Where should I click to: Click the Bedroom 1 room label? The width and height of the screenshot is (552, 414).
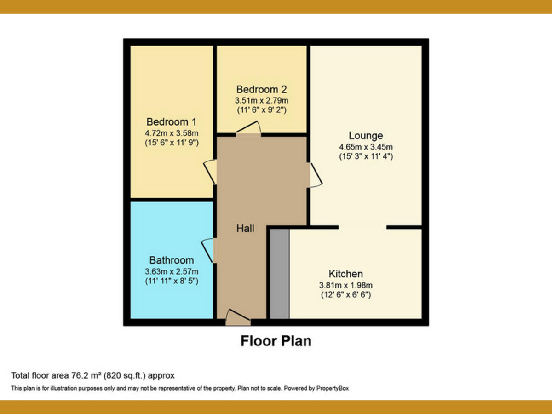click(x=171, y=122)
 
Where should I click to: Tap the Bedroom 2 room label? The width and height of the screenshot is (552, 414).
click(x=261, y=89)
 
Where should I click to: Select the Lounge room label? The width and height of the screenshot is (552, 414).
click(x=366, y=136)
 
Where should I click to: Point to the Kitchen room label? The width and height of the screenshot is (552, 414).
click(x=345, y=274)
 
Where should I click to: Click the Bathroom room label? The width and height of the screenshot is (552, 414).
click(x=171, y=260)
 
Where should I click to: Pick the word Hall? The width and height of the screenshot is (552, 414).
click(x=245, y=228)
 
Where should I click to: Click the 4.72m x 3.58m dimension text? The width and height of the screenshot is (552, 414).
click(x=171, y=133)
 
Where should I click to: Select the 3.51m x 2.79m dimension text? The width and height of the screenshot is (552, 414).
click(x=261, y=100)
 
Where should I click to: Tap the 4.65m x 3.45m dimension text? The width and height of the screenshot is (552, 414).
click(x=366, y=147)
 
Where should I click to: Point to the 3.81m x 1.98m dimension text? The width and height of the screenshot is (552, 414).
click(x=345, y=285)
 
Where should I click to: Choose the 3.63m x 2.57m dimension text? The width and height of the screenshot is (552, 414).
click(x=171, y=271)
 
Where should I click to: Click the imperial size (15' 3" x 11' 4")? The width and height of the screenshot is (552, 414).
click(x=366, y=156)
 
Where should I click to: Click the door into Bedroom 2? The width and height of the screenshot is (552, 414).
click(x=248, y=129)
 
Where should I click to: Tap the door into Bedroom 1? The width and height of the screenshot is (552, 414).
click(x=211, y=172)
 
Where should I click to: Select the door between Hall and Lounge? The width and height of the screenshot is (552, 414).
click(x=315, y=175)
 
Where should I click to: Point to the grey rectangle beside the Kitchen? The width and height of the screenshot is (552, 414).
click(x=279, y=274)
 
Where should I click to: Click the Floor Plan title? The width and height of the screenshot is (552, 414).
click(x=276, y=341)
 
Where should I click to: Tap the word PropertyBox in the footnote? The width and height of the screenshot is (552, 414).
click(x=333, y=388)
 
